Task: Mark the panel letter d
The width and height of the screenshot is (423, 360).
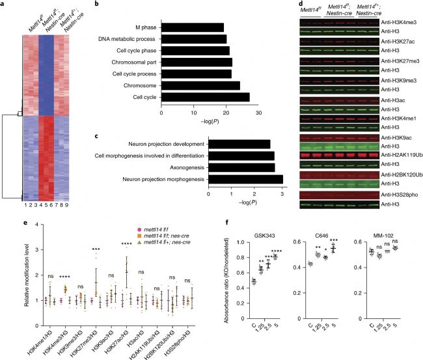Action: pyautogui.click(x=298, y=5)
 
